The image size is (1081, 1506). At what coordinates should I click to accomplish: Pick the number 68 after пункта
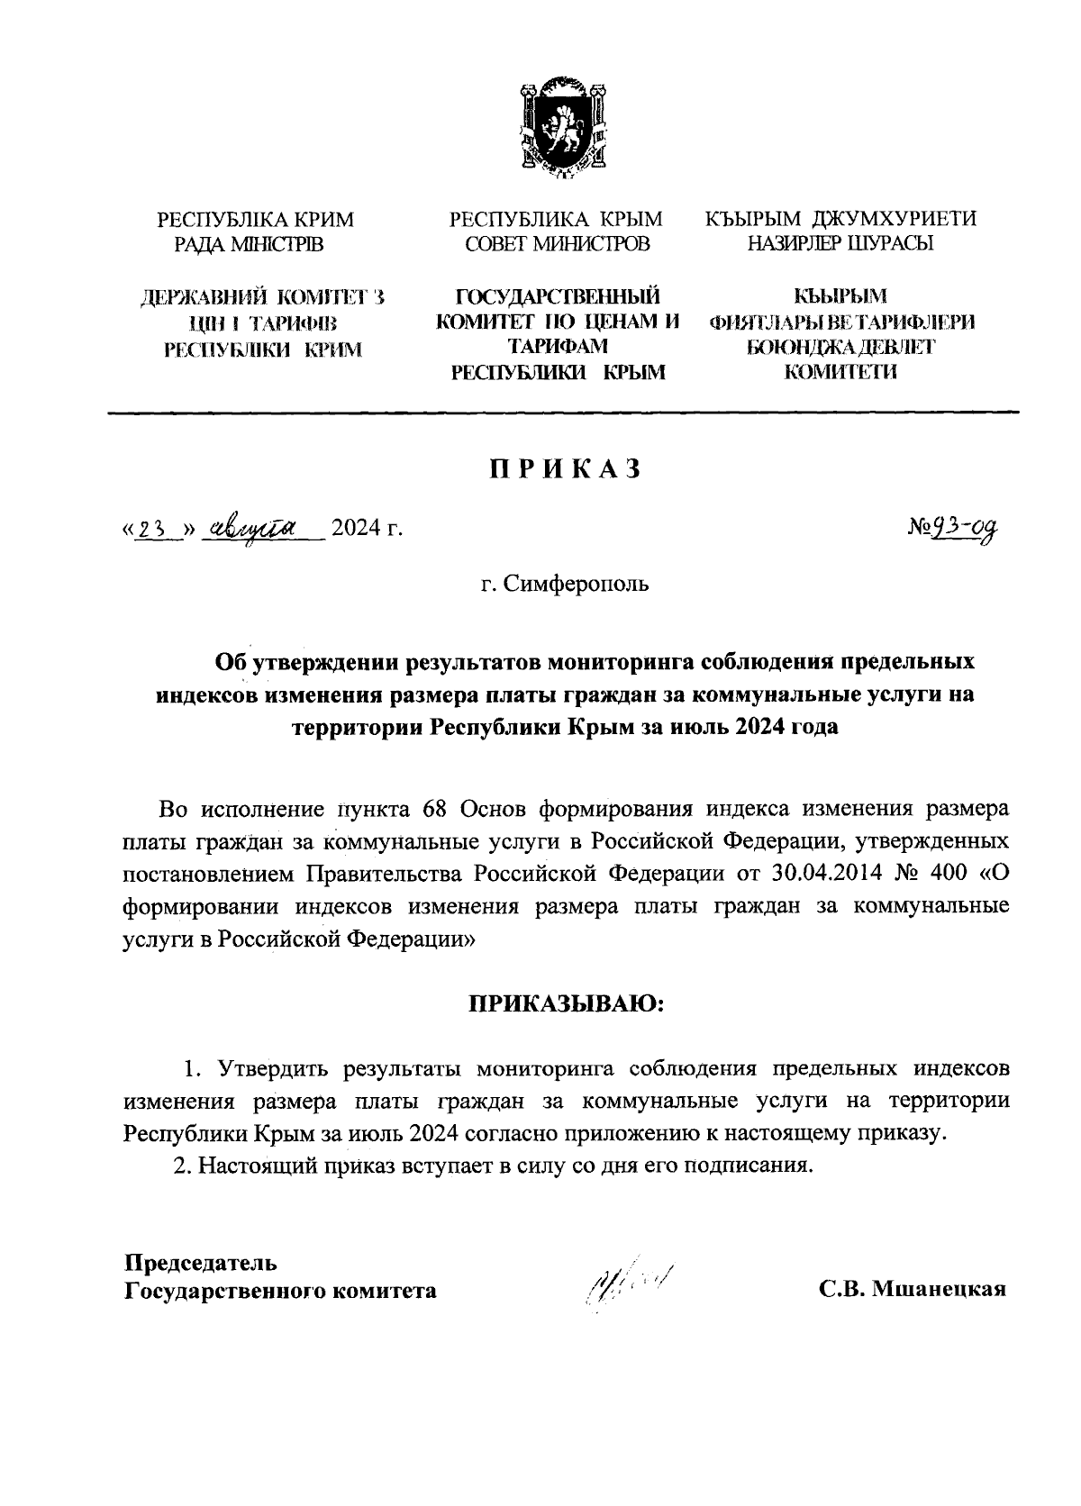point(436,808)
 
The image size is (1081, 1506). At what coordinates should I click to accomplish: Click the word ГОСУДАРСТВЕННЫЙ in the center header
point(557,297)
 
